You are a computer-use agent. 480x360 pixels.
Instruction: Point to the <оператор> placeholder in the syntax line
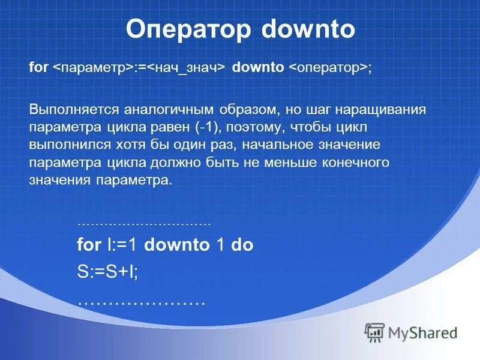[329, 68]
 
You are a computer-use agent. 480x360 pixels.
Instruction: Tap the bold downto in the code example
[176, 245]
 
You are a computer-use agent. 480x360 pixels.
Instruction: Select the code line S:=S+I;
[107, 272]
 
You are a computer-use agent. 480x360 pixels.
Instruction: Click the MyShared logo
[411, 332]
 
